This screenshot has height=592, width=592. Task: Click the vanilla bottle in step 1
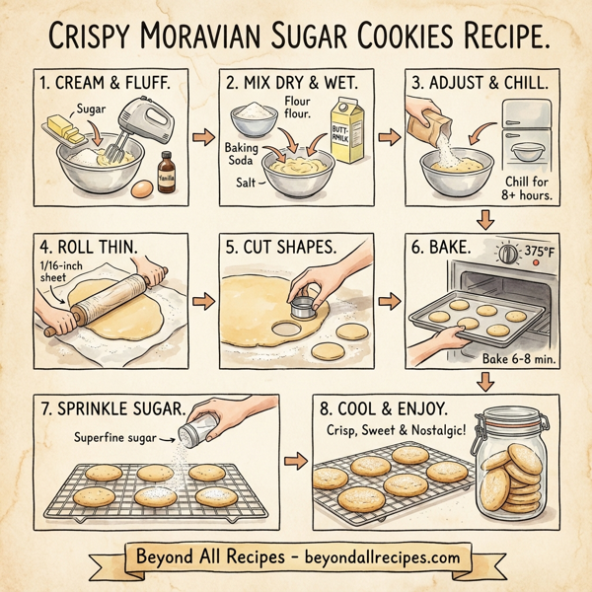165,169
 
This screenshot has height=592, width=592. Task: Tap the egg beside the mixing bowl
143,186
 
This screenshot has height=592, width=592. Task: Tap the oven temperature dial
507,254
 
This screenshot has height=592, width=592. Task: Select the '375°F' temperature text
539,253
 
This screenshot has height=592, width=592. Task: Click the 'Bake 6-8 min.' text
518,361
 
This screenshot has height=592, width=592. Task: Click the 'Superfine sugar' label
115,436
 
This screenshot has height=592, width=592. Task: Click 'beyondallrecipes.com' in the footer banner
382,556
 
